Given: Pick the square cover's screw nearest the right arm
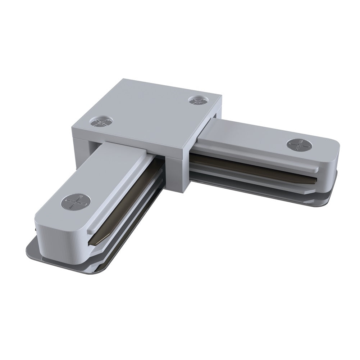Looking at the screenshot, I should [197, 100].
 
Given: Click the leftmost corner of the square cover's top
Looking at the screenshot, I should [72, 126].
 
